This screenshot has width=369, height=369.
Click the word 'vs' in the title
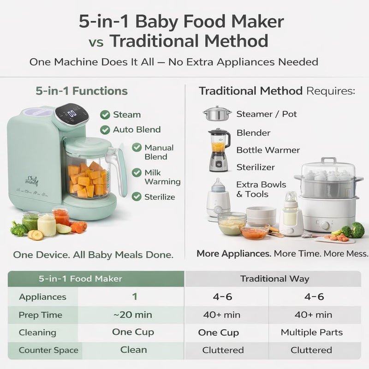(96, 42)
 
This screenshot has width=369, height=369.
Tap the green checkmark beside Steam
(105, 114)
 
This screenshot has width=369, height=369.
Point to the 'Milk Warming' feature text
(159, 177)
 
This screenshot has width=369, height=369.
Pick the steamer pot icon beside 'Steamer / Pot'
(217, 113)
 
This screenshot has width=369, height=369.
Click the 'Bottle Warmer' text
(268, 150)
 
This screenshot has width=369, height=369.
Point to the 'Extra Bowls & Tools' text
(261, 189)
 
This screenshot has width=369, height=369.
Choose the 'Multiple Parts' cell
(311, 332)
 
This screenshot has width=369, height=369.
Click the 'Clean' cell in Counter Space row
(133, 350)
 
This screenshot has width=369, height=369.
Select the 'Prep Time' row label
(41, 315)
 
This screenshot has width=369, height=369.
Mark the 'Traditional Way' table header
(274, 279)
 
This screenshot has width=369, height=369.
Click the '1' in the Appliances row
(134, 297)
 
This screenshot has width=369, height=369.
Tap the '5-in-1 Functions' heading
(81, 91)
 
